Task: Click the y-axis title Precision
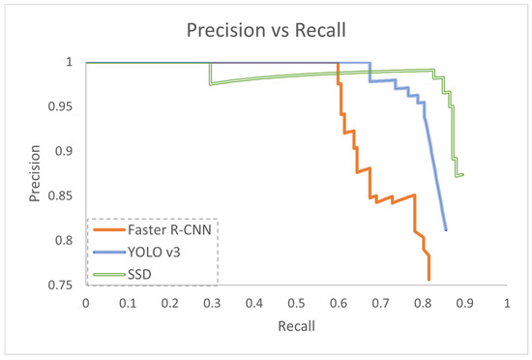[21, 174]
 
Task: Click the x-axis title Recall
[297, 325]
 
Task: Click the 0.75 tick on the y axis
[64, 285]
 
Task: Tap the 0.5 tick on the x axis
[297, 303]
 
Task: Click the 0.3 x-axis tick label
[213, 303]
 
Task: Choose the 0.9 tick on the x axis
[465, 303]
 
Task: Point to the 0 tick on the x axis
[86, 303]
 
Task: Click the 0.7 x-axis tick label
[381, 303]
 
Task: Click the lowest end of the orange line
[429, 280]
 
